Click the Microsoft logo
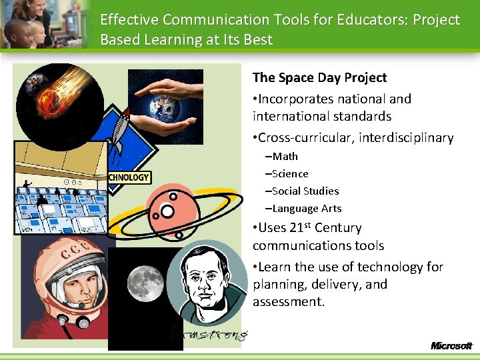pyautogui.click(x=451, y=345)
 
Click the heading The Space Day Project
pyautogui.click(x=319, y=77)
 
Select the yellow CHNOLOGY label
pyautogui.click(x=129, y=177)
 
